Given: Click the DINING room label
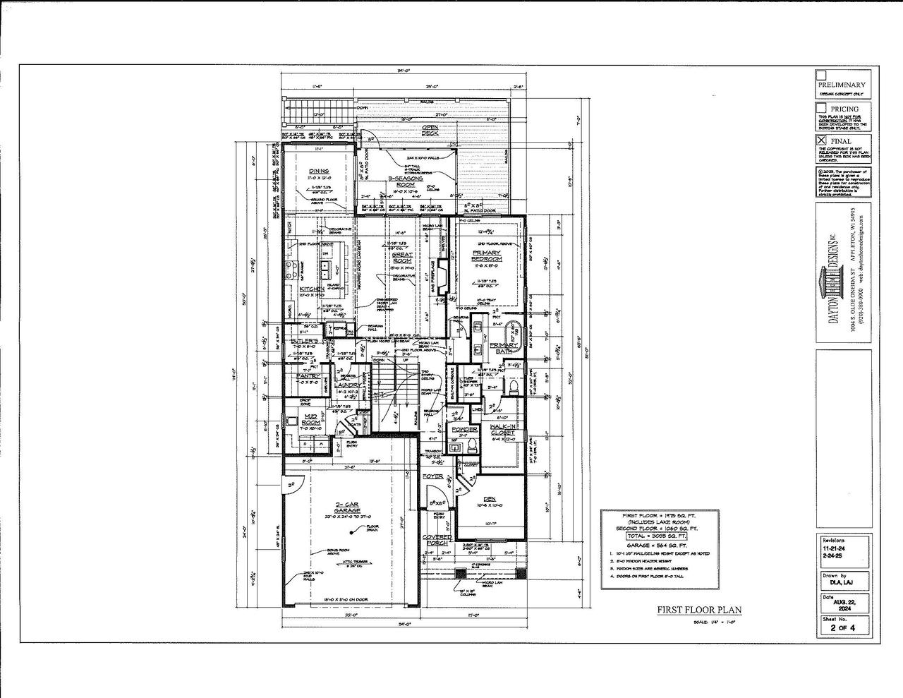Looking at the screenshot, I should [319, 172].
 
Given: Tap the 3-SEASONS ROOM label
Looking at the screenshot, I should [405, 182].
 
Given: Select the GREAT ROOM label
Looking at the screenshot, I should [402, 257].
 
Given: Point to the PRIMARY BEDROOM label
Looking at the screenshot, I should [487, 255].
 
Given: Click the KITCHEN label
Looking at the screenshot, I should [311, 289].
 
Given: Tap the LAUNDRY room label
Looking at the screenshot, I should [348, 385].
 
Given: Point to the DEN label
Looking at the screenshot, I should [490, 498].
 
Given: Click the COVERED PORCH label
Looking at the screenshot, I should [437, 541].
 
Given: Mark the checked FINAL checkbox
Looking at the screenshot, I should [820, 140].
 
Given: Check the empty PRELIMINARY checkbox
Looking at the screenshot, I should [820, 75].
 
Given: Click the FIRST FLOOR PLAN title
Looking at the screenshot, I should [699, 610].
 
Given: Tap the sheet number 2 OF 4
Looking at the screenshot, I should [842, 627].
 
